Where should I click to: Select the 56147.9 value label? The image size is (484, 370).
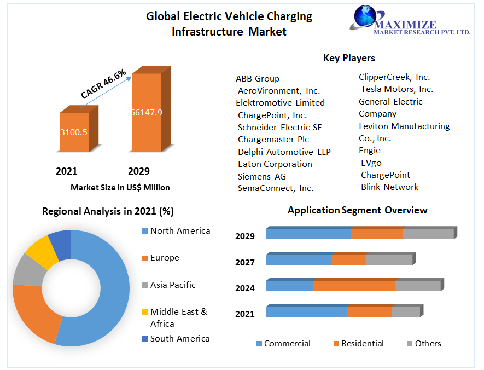[x=147, y=112]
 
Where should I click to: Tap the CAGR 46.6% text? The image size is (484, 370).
[x=103, y=84]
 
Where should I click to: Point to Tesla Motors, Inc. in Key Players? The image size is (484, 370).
[x=397, y=89]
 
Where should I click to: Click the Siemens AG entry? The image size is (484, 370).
[x=262, y=176]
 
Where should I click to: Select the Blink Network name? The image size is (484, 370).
[x=389, y=187]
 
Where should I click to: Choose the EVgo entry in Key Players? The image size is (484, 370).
[x=371, y=163]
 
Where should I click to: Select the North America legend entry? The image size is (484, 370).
[x=176, y=231]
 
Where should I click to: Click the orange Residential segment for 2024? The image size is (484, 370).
[x=354, y=286]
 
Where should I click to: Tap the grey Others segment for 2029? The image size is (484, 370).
[x=430, y=233]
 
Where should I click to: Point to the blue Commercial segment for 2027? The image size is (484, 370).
[x=299, y=259]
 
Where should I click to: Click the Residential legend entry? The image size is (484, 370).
[x=359, y=343]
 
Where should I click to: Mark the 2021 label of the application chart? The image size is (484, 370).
[x=245, y=314]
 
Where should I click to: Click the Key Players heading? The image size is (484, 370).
[x=349, y=58]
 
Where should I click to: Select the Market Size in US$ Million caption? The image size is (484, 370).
[x=120, y=188]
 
